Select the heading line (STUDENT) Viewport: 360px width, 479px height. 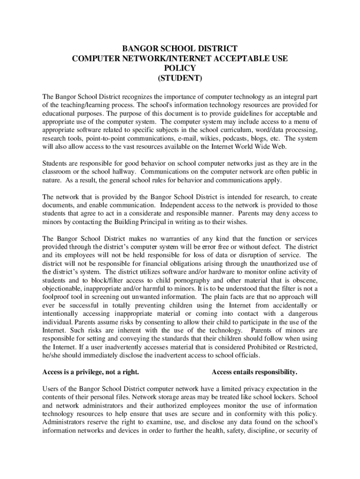point(180,78)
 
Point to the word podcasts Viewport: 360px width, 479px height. point(225,138)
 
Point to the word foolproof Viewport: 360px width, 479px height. point(57,297)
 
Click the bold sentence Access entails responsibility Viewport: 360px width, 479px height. point(254,372)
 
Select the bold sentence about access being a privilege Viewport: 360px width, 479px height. point(91,372)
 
